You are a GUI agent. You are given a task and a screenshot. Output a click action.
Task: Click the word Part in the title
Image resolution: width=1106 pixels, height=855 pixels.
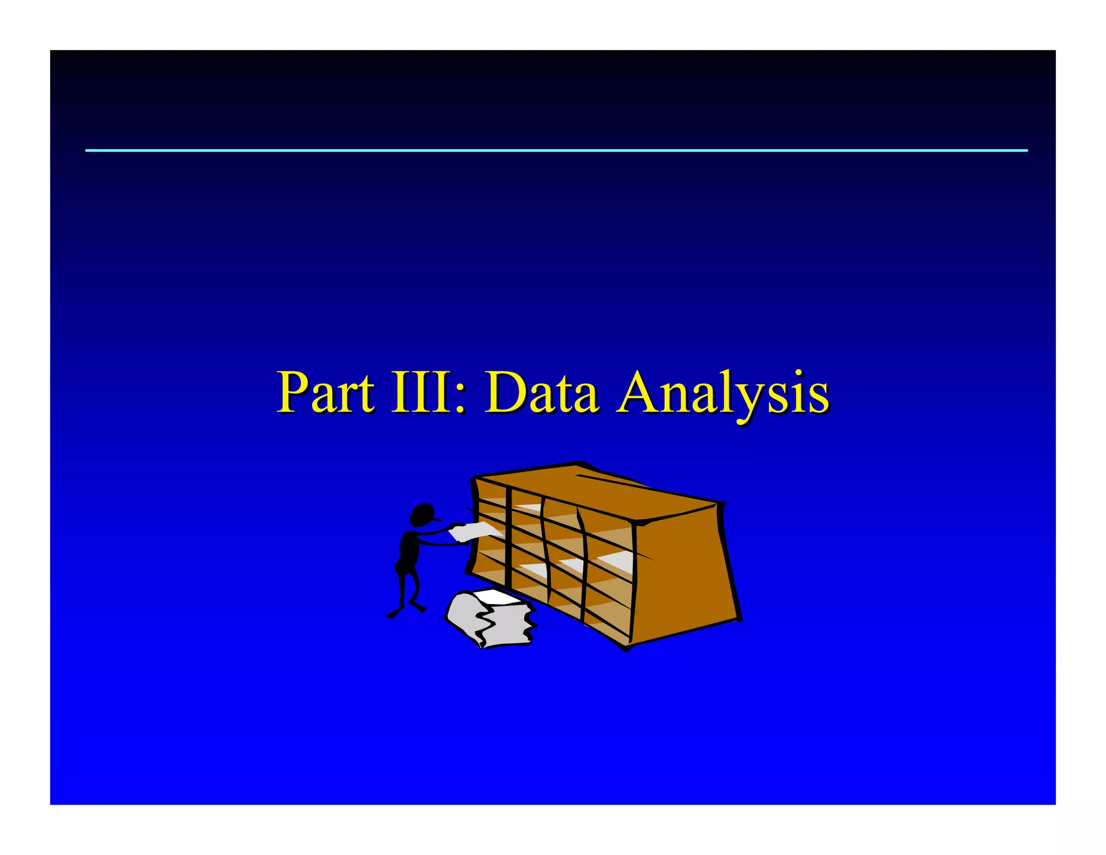coord(325,393)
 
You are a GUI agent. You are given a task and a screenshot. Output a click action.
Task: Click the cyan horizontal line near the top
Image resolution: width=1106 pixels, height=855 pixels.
coord(556,151)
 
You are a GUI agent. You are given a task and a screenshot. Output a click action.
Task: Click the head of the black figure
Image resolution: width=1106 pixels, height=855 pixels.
coord(422,514)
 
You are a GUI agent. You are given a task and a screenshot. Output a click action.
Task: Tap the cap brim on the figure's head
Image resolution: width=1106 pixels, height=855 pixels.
coord(435,519)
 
